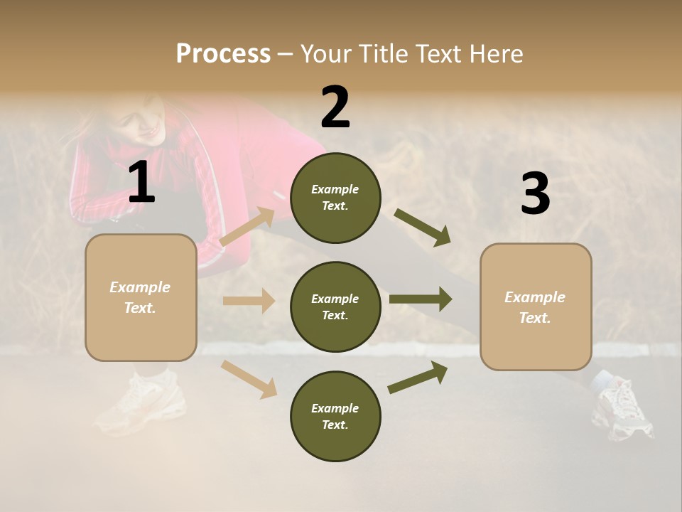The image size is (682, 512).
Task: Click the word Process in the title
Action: (223, 53)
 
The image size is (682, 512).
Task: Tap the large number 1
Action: (141, 183)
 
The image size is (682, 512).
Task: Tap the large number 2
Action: (335, 107)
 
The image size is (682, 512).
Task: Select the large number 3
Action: (535, 193)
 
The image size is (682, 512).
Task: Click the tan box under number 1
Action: (141, 297)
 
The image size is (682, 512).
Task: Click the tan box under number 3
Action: (536, 306)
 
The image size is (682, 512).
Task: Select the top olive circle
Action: (335, 198)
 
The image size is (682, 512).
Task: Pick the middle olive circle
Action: (335, 306)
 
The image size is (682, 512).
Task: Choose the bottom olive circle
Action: (335, 416)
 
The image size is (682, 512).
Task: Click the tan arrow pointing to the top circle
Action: (248, 226)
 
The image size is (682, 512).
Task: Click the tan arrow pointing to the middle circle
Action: (249, 301)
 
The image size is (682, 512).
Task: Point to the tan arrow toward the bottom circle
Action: (249, 379)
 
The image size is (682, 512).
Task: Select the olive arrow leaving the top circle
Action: (423, 228)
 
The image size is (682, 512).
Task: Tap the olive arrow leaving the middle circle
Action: (421, 299)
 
